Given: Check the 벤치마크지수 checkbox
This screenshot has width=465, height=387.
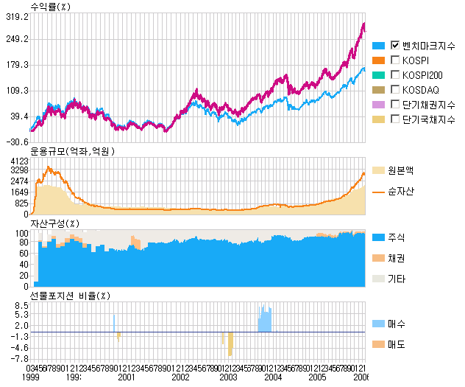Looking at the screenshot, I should click(x=396, y=45).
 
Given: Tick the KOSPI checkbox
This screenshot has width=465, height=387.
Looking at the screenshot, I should click(x=396, y=60).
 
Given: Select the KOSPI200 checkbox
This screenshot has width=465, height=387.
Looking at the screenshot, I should click(x=396, y=74).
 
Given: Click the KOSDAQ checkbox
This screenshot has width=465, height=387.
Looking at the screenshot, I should click(x=396, y=89).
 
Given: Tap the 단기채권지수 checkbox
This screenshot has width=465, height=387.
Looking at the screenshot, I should click(x=396, y=104).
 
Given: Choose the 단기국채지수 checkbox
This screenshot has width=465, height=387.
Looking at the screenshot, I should click(x=396, y=119).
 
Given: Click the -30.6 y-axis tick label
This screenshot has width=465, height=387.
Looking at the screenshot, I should click(x=16, y=142).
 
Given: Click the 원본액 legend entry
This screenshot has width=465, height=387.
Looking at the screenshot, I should click(x=400, y=170).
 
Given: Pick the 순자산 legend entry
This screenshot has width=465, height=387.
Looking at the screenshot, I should click(x=400, y=191).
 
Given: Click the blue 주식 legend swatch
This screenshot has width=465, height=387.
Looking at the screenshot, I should click(x=379, y=237).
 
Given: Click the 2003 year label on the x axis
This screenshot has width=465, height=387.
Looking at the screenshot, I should click(x=228, y=377).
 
